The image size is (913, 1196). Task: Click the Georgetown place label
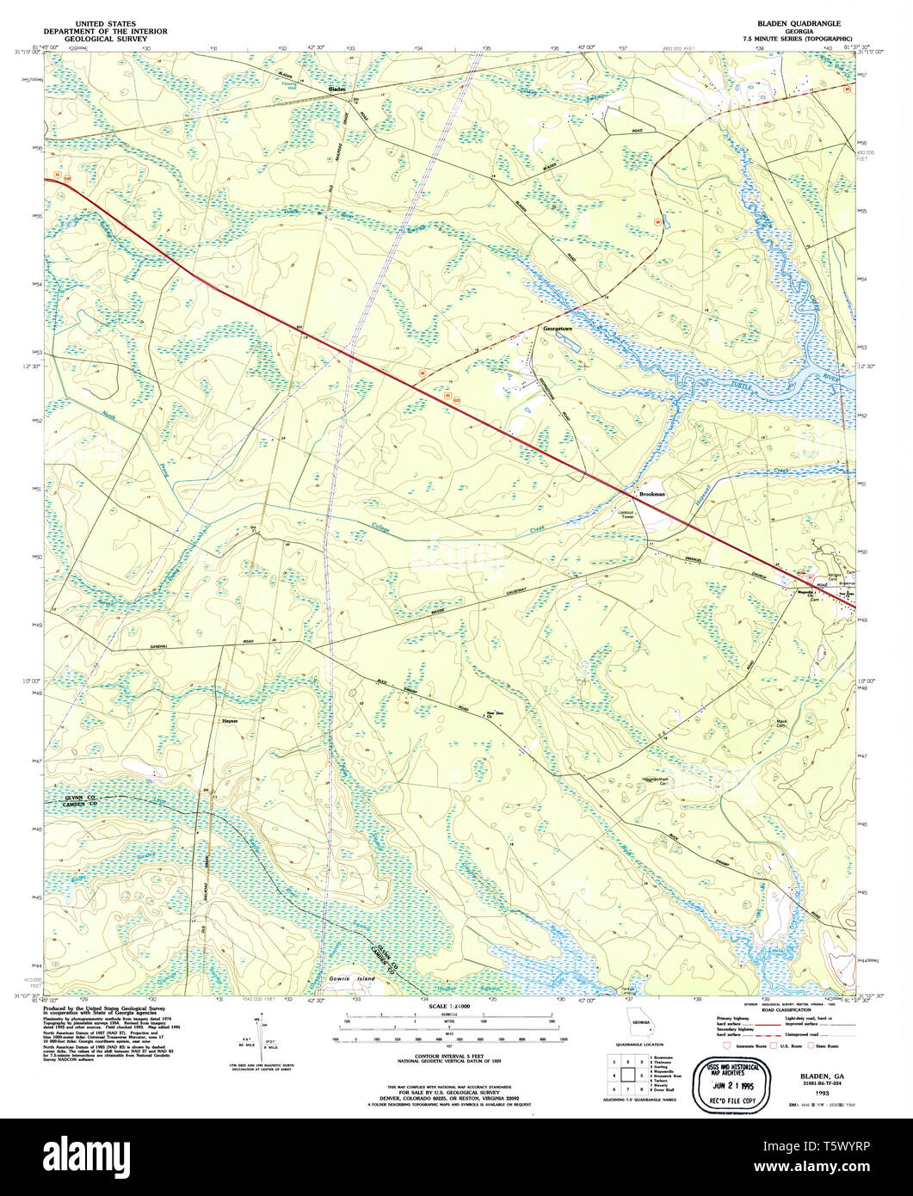(x=557, y=329)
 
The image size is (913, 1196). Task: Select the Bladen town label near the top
(x=336, y=89)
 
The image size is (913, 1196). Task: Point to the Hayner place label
(x=229, y=721)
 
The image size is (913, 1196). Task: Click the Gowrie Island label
(x=353, y=979)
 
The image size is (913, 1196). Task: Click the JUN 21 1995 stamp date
(x=729, y=1087)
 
